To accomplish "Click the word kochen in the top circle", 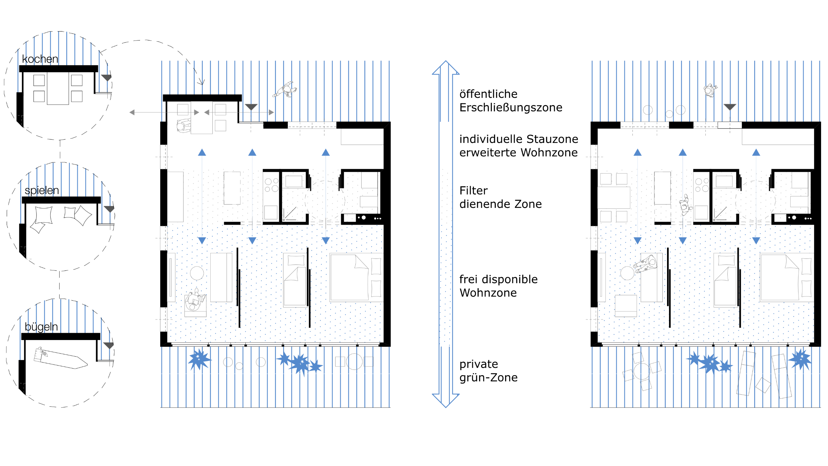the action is [x=40, y=59].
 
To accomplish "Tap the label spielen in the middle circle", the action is [x=42, y=191].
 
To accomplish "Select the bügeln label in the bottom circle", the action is [x=41, y=327].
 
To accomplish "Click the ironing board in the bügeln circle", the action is [x=61, y=358].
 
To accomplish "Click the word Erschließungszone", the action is [x=511, y=107].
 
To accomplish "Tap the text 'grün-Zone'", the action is [x=488, y=378].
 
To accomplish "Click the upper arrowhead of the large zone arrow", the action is [x=446, y=67].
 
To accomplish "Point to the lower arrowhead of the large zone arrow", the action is [x=446, y=401].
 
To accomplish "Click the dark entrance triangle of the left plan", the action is [x=251, y=107].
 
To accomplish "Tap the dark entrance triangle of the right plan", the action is [x=730, y=107].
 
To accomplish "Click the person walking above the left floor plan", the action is [x=285, y=89].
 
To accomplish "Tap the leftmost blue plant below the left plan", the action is [x=199, y=359].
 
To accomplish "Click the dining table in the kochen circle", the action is [x=58, y=88].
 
